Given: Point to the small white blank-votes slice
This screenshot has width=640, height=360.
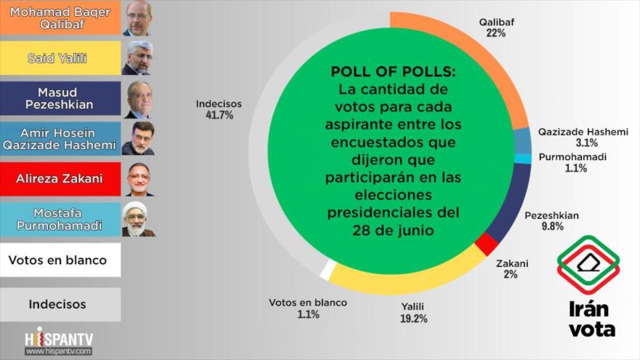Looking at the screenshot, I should [328, 269].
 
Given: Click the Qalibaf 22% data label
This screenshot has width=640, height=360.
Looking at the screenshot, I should [497, 28].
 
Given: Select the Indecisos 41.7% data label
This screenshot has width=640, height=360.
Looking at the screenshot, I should [219, 110].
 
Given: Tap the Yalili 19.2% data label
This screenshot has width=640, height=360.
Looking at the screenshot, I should [414, 313].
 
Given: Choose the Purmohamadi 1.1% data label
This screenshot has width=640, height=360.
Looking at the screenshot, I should [572, 162].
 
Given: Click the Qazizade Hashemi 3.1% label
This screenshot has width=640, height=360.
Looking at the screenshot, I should [583, 137].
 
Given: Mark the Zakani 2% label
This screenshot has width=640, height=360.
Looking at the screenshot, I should [512, 268].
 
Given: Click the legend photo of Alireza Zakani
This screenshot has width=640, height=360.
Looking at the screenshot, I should [138, 179].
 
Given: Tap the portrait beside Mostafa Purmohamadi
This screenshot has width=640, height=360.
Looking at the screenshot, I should [138, 219].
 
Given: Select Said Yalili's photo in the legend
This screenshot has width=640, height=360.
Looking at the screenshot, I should [138, 57].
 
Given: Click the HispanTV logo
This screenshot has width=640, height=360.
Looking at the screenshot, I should [59, 341].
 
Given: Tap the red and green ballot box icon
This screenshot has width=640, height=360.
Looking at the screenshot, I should [588, 265].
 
